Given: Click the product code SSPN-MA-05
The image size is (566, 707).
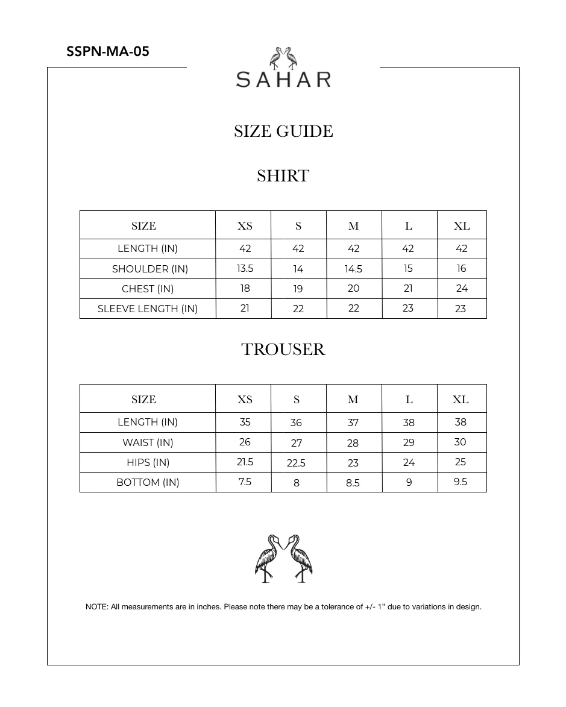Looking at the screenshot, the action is pyautogui.click(x=108, y=51).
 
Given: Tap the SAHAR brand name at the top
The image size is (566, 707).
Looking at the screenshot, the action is pyautogui.click(x=283, y=79).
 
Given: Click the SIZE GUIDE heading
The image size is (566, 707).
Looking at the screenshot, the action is pyautogui.click(x=283, y=131).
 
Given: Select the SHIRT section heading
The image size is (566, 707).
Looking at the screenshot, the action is pyautogui.click(x=283, y=176).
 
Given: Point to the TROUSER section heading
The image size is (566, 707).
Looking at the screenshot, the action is pyautogui.click(x=283, y=350).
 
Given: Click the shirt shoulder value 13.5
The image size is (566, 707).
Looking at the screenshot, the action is pyautogui.click(x=245, y=269).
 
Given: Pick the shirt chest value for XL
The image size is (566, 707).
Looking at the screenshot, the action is pyautogui.click(x=462, y=289).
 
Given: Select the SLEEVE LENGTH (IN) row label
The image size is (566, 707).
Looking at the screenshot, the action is pyautogui.click(x=148, y=309).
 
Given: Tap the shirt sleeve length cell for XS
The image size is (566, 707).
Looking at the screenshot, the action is pyautogui.click(x=245, y=308).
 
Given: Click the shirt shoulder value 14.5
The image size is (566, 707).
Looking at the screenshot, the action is pyautogui.click(x=354, y=269).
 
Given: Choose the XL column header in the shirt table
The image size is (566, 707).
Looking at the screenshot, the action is pyautogui.click(x=462, y=226).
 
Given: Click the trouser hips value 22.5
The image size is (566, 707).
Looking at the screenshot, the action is pyautogui.click(x=296, y=463).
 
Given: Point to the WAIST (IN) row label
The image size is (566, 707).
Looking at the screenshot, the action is pyautogui.click(x=148, y=442).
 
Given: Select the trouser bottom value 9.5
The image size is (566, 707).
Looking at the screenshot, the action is pyautogui.click(x=461, y=482).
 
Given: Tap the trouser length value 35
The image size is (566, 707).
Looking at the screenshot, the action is pyautogui.click(x=245, y=422).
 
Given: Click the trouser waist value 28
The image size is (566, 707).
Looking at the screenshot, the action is pyautogui.click(x=353, y=443).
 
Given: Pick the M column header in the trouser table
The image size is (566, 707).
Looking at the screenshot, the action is pyautogui.click(x=353, y=400).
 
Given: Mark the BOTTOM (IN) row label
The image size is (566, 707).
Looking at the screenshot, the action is pyautogui.click(x=148, y=482).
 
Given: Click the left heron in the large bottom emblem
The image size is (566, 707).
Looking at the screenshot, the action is pyautogui.click(x=268, y=558).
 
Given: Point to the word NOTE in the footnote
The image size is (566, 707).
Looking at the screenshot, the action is pyautogui.click(x=96, y=607).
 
